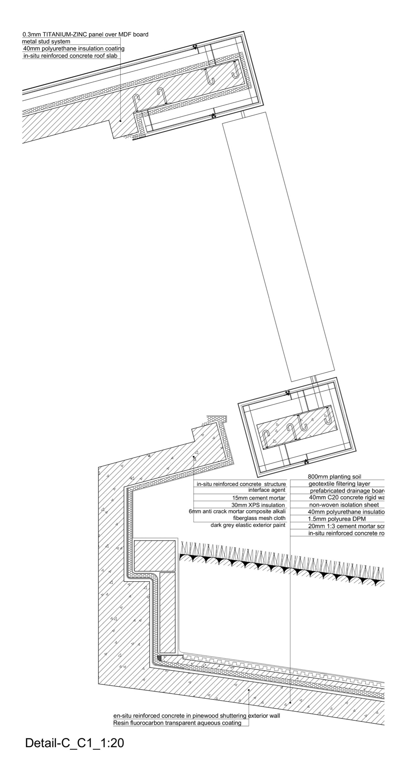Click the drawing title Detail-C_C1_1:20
[x=74, y=743]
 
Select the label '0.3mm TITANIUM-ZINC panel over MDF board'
[x=85, y=34]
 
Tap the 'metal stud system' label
[x=46, y=42]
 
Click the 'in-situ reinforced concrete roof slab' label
[x=70, y=56]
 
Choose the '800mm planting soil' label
[x=334, y=477]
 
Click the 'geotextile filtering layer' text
[x=339, y=484]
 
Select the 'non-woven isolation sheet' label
[x=344, y=505]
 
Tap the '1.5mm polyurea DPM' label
[x=337, y=519]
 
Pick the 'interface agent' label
[x=266, y=490]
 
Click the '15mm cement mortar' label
[x=259, y=498]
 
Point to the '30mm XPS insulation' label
[x=258, y=505]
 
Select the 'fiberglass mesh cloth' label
[x=259, y=518]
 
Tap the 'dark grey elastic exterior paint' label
[x=248, y=525]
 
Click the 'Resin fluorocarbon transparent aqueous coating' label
[x=177, y=723]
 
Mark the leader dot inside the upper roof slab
[x=120, y=121]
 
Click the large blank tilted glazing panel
[x=278, y=246]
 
